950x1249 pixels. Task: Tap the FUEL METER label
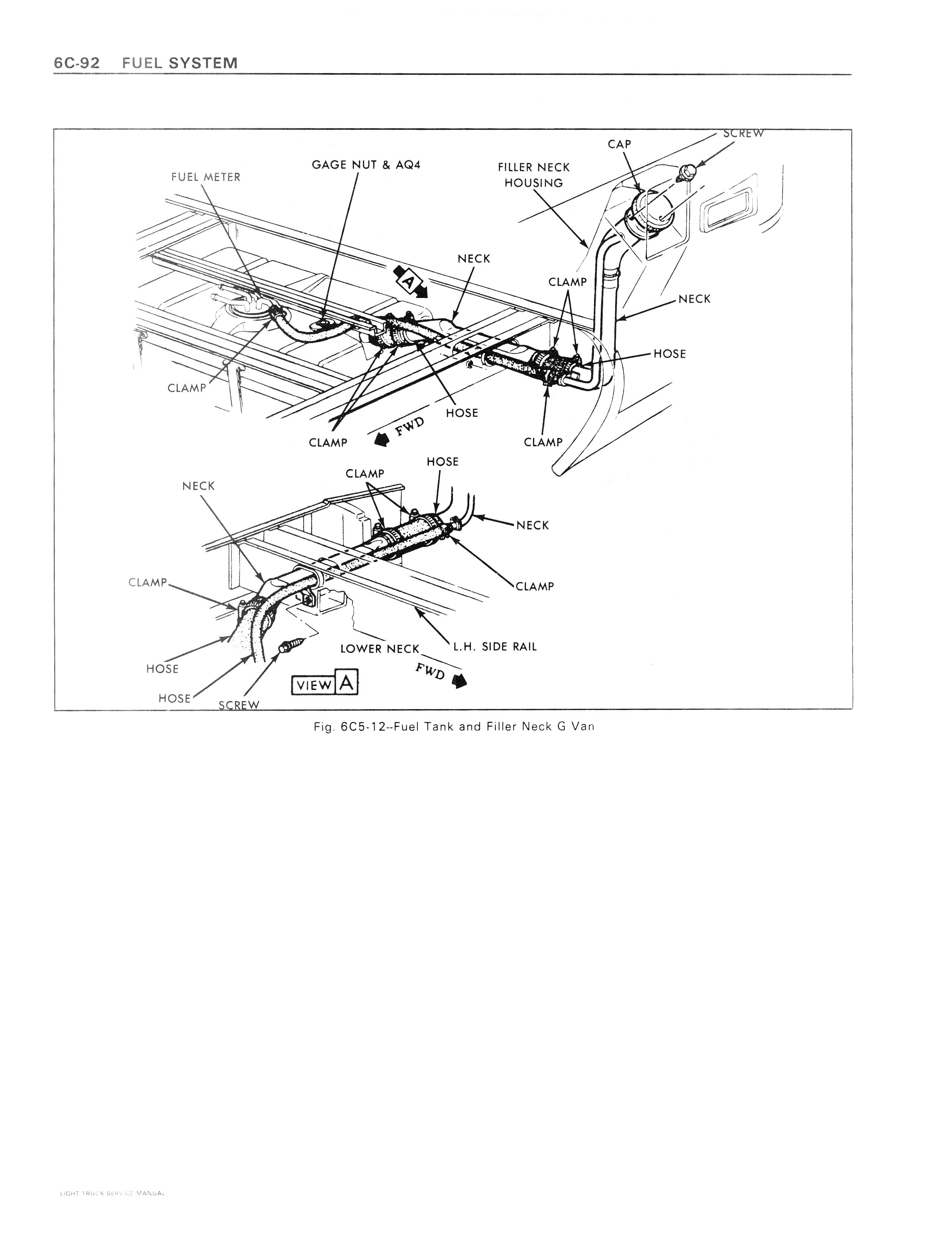point(206,177)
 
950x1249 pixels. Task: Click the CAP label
point(619,144)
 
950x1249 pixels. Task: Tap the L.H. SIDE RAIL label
point(495,646)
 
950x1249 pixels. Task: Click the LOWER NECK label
point(379,648)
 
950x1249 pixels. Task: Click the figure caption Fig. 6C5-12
point(454,727)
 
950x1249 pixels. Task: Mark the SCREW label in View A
point(239,705)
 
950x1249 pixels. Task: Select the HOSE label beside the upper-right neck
point(670,354)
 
